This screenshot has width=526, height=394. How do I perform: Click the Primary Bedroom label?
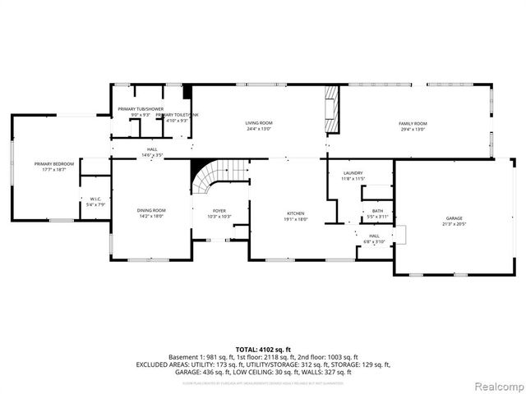[x=54, y=164]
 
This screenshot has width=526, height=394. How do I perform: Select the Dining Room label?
[x=151, y=211]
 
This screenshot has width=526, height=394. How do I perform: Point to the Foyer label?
[x=219, y=211]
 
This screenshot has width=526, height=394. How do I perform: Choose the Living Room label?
[x=258, y=123]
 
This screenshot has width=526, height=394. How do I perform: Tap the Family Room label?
[x=413, y=123]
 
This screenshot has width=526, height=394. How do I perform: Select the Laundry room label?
[x=353, y=173]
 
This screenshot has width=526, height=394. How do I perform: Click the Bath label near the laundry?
[x=377, y=211]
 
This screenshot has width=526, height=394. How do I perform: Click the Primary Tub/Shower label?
[x=140, y=109]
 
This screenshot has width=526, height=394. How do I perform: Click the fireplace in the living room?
[x=333, y=109]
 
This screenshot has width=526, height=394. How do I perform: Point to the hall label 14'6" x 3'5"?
[x=152, y=155]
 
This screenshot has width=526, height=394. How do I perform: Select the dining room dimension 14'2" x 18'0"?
[x=151, y=217]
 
